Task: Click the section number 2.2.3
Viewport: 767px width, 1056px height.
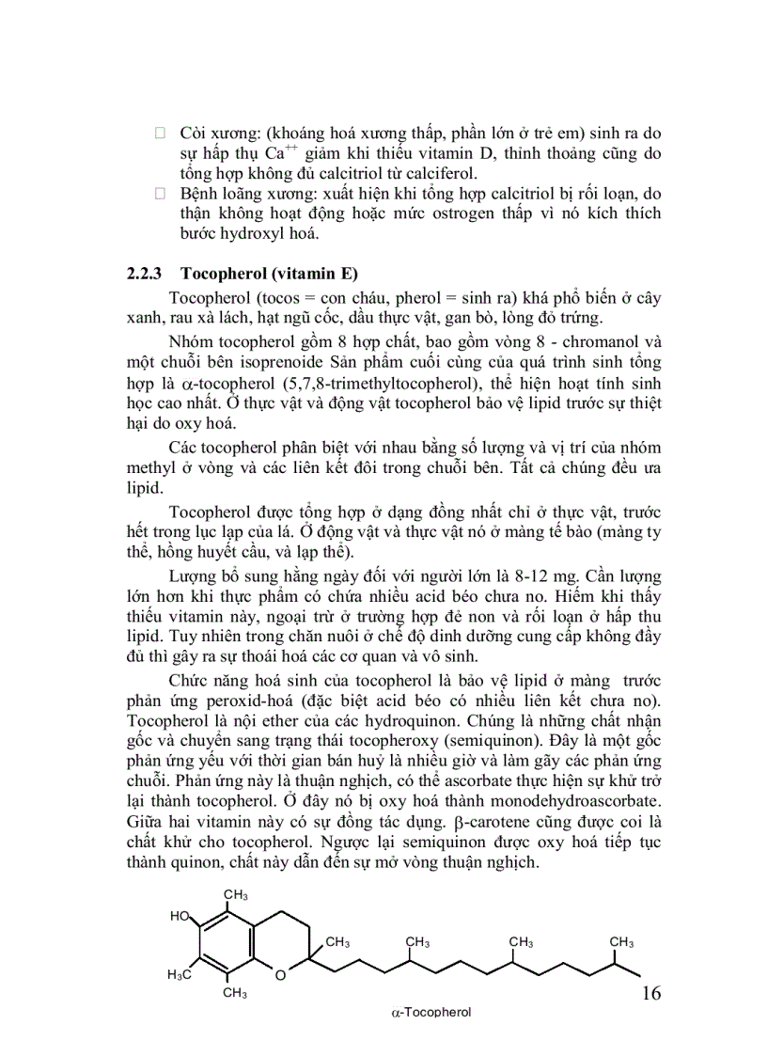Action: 146,275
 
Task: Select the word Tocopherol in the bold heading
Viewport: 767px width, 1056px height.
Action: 220,275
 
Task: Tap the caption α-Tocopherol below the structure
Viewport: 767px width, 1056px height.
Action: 430,1013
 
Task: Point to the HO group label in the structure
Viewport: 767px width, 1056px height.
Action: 180,915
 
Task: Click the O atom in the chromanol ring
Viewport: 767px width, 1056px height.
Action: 280,974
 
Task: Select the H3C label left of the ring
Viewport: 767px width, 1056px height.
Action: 180,974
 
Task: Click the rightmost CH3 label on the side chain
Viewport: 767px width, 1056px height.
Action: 621,942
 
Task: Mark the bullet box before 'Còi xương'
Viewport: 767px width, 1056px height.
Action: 160,134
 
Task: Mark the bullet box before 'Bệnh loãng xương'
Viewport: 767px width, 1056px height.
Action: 160,194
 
